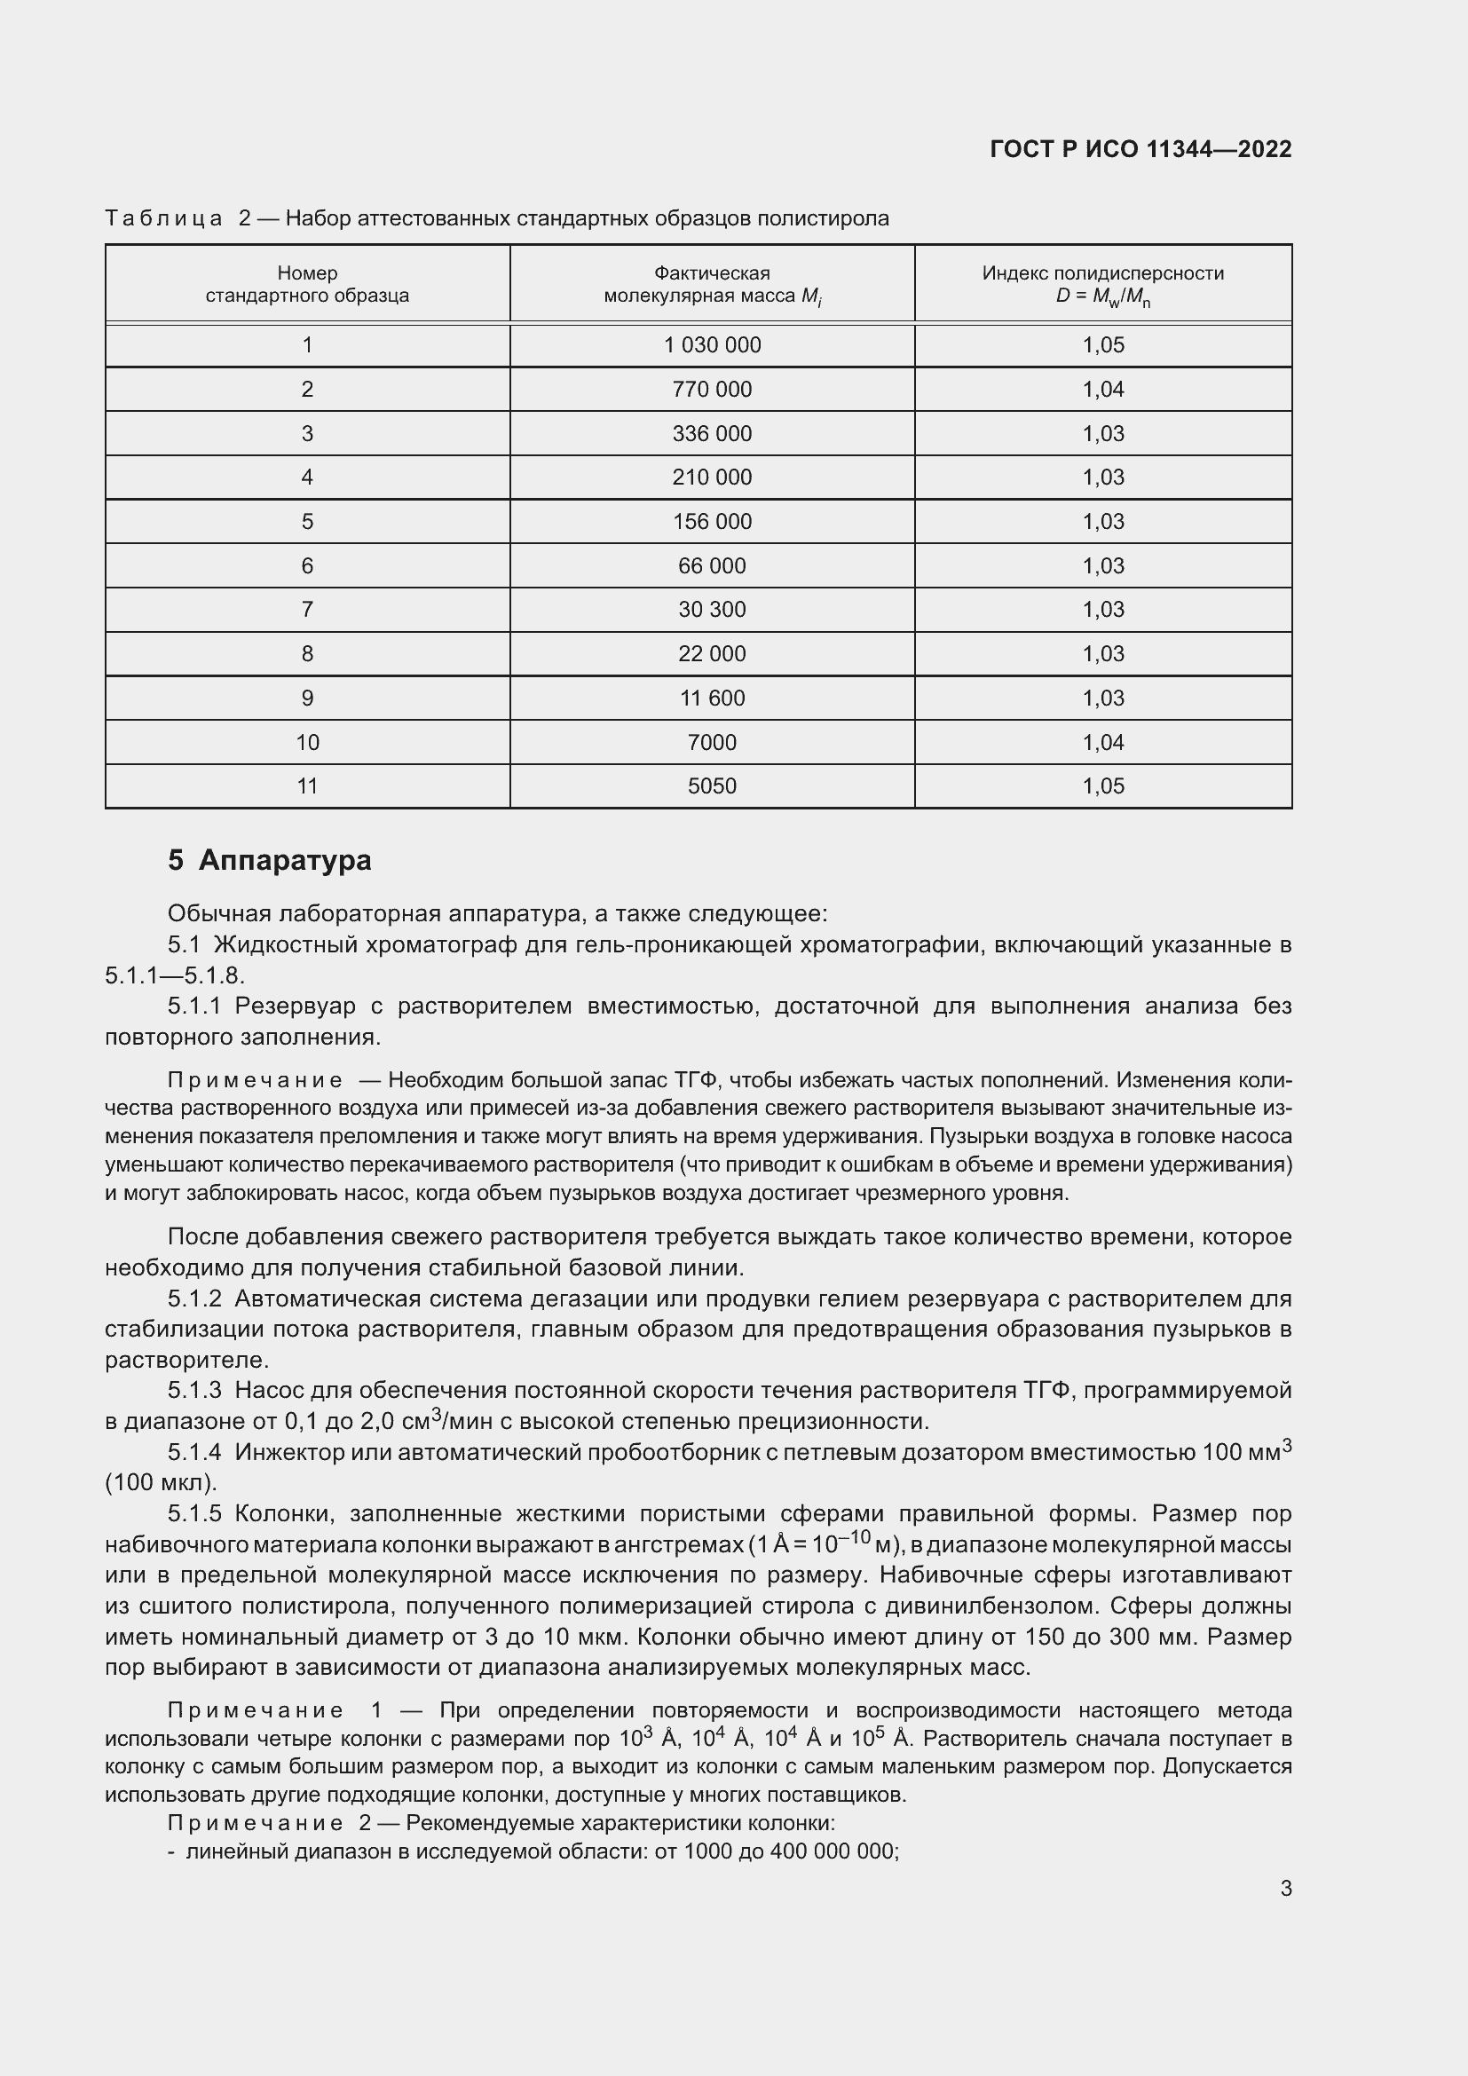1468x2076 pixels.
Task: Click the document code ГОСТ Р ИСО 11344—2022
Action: click(1140, 149)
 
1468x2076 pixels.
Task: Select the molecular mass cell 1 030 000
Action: click(712, 345)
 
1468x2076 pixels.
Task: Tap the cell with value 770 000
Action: click(712, 390)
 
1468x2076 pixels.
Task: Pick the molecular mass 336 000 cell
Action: click(712, 434)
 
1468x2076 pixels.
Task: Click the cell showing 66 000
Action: click(712, 566)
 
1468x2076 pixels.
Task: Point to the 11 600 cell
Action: click(712, 698)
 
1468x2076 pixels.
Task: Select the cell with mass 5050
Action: click(712, 786)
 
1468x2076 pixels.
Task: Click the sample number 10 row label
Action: click(307, 742)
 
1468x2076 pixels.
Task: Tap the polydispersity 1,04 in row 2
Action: click(1103, 390)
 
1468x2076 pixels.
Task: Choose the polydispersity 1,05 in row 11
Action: click(1103, 786)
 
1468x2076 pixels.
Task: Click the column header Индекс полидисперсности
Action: click(1103, 273)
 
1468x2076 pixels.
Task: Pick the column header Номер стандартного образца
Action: click(307, 284)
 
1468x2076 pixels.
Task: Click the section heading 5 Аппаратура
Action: click(270, 860)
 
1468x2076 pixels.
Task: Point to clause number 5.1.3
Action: click(194, 1391)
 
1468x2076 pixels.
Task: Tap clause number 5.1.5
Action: click(194, 1513)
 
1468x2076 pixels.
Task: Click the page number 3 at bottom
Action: click(1285, 1889)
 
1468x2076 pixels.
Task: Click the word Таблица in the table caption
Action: click(163, 219)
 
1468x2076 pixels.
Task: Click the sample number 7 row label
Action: click(307, 611)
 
